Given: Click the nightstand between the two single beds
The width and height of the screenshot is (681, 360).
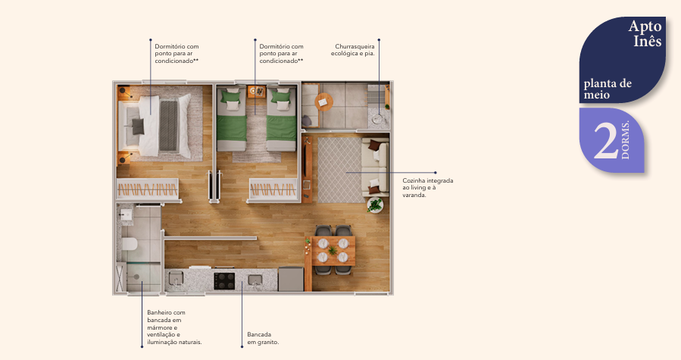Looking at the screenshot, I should coord(256,92).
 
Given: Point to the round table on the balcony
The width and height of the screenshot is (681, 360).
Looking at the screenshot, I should coord(325,101).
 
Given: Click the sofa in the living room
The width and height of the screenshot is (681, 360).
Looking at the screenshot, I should coord(375,167).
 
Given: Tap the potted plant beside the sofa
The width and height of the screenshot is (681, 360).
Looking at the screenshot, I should coord(375,205).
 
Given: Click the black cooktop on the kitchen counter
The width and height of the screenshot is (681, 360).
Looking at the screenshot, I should coord(225,281).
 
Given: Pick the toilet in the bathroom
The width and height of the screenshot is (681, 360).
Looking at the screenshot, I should coord(128,244).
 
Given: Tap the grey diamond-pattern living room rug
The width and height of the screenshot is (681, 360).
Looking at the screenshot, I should coord(339,169).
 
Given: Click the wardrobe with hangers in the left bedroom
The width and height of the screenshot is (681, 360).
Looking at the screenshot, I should coord(148,190).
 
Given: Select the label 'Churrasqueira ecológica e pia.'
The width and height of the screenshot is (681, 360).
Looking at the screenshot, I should coord(355,50).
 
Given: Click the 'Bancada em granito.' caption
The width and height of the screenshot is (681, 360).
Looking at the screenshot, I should coord(263,338).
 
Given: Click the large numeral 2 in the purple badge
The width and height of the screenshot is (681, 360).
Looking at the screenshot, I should coord(604,141).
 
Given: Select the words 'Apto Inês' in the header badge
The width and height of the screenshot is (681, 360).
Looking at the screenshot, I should coord(645,34).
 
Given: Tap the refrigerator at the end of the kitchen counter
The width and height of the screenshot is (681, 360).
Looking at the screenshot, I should coord(290,280).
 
